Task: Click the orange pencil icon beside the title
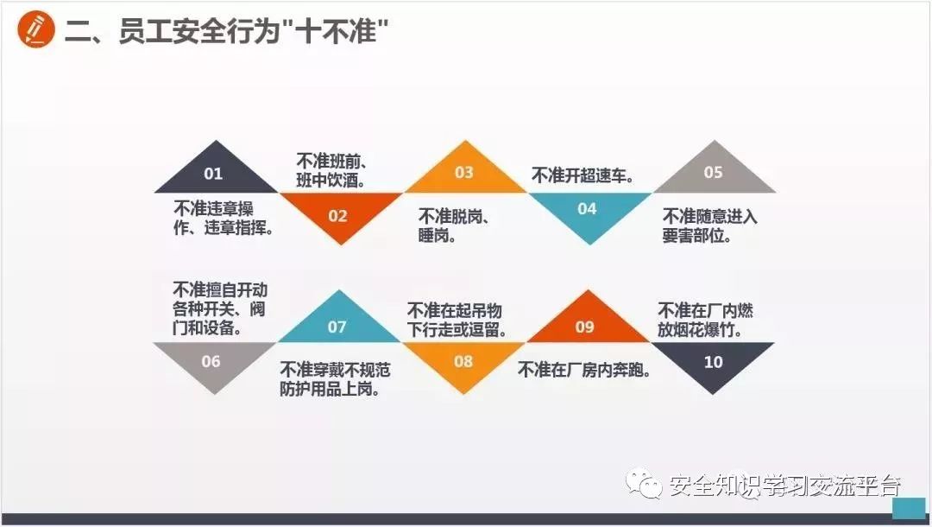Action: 35,30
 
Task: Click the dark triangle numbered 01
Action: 213,172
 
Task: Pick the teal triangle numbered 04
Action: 587,211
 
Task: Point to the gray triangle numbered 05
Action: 713,172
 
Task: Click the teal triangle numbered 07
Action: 337,325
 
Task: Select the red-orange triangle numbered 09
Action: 585,325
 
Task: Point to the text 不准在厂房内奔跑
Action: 584,371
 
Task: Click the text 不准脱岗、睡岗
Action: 454,225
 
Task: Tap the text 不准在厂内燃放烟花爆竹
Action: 706,320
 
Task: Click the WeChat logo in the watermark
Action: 645,484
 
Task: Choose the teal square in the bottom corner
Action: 907,507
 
